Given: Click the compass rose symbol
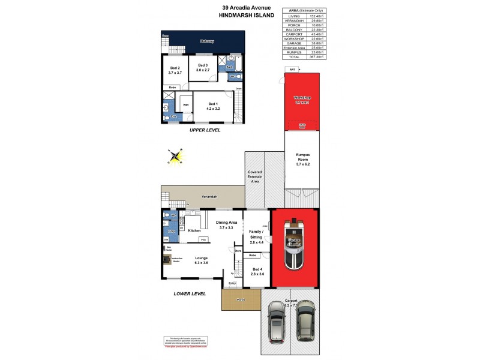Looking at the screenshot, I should (x=175, y=158).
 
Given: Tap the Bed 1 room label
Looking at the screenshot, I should (x=214, y=106).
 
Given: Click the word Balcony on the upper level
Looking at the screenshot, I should (x=207, y=41).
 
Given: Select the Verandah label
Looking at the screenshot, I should (x=209, y=196).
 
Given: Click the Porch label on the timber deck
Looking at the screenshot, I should (x=241, y=299).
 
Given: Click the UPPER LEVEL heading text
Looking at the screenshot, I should (x=205, y=130).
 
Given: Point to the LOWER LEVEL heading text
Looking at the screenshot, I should (x=190, y=294).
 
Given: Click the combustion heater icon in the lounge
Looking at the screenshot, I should (x=167, y=260).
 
